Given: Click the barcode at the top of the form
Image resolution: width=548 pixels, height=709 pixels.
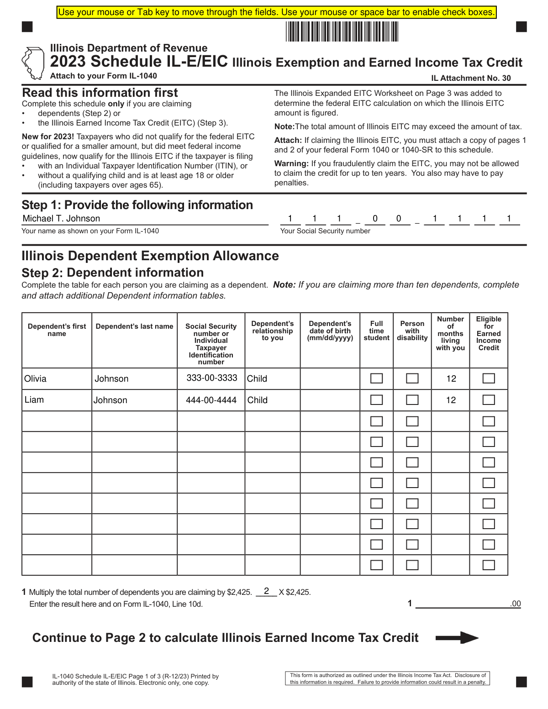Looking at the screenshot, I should (342, 32).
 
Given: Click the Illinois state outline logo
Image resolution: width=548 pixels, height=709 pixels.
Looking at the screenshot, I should (32, 63).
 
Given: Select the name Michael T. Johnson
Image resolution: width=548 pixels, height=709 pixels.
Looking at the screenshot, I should (61, 219).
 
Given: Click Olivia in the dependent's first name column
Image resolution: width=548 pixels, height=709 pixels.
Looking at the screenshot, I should (35, 379).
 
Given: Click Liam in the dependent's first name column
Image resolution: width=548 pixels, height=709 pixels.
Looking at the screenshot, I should (34, 400).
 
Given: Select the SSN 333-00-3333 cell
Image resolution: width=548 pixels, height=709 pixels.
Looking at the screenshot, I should (212, 378).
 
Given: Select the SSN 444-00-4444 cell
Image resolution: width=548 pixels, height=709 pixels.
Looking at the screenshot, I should (211, 400).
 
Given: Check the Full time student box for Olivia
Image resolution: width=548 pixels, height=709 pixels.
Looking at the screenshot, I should (376, 378).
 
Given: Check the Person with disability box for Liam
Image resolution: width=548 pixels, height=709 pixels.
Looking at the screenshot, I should (412, 400).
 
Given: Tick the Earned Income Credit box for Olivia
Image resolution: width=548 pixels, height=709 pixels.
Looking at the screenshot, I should (489, 378).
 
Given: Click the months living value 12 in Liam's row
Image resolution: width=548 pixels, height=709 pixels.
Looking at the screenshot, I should (451, 400).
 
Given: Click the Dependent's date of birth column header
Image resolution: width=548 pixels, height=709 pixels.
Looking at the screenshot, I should (330, 331).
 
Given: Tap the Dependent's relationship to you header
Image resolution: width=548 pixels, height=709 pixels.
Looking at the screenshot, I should (273, 331).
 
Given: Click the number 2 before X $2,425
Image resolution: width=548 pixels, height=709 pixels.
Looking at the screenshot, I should (266, 591).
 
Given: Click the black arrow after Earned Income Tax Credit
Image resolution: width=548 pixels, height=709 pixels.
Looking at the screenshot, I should (457, 638).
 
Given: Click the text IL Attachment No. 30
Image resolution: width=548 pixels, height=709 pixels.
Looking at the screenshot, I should (471, 78).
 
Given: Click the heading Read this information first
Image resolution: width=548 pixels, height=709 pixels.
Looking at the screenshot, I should (100, 93).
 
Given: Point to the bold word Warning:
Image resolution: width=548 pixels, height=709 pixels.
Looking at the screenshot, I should (291, 163).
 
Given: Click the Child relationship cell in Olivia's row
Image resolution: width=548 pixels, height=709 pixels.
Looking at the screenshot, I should (257, 379).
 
